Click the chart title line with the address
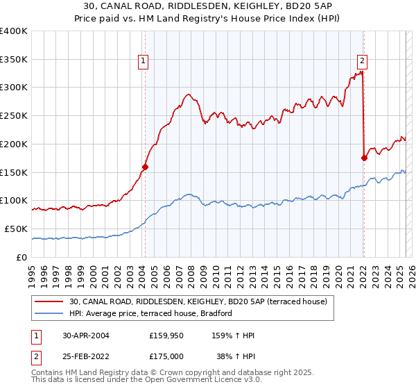pos(209,6)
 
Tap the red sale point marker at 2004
pos(145,167)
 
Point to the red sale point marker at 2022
pos(364,158)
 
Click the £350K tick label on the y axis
pos(14,60)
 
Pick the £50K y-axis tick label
pos(16,229)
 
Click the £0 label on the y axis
pos(21,257)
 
